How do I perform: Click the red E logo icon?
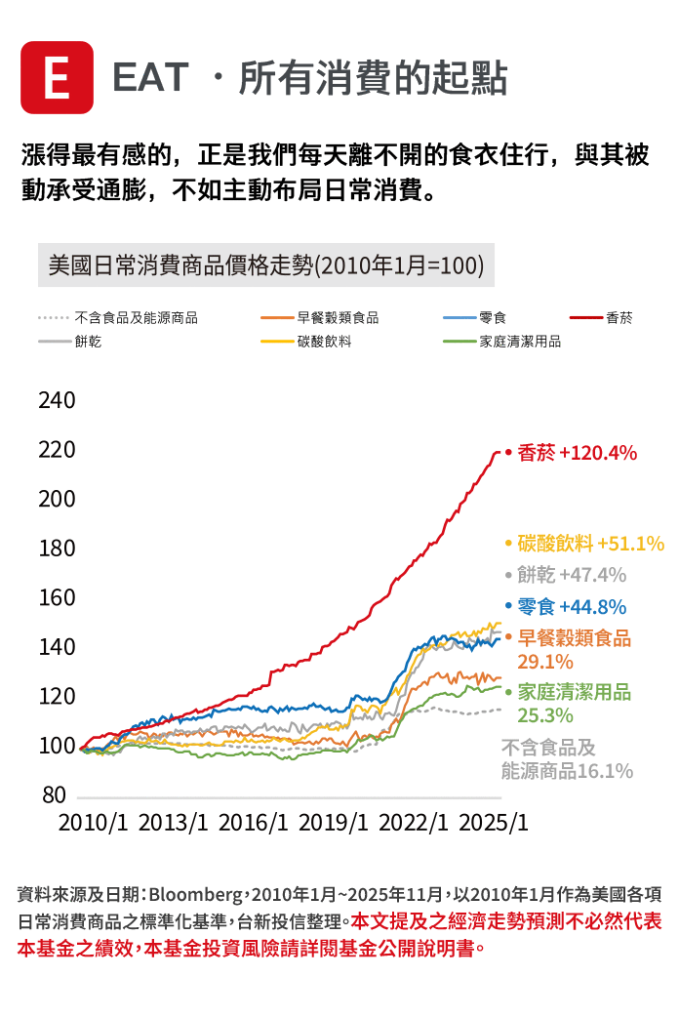point(58,77)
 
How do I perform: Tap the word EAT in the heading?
point(151,78)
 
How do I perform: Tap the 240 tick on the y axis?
point(57,401)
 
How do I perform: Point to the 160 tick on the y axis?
point(57,597)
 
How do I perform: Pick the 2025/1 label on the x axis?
point(493,822)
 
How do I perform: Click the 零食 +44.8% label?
point(572,606)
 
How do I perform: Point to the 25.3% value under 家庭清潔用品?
point(545,715)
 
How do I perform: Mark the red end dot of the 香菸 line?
point(507,452)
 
